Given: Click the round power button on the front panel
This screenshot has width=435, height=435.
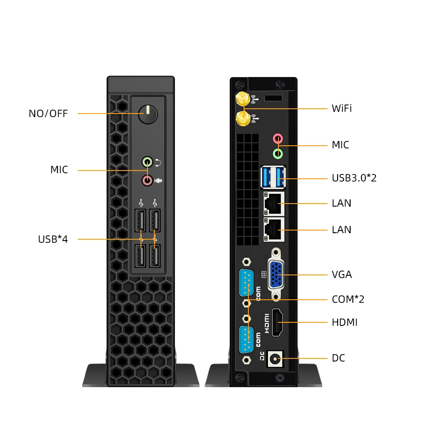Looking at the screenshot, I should point(148,114).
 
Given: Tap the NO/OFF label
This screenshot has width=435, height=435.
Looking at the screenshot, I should point(48,114).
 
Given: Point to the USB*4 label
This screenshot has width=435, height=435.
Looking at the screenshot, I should point(53,239).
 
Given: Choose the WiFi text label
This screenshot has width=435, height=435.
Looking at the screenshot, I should point(341,108).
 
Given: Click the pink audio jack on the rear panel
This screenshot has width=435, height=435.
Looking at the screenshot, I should point(278,139).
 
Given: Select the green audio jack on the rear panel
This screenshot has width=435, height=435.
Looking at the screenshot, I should point(278,154).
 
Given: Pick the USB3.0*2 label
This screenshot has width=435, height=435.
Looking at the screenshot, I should point(354,178).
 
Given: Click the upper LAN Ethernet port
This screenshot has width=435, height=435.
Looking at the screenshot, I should point(274,203).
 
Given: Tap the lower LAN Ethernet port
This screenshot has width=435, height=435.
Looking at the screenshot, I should point(274,229).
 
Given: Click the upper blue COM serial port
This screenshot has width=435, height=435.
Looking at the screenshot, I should point(246,283).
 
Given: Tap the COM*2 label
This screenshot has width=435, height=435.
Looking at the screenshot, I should point(348,299).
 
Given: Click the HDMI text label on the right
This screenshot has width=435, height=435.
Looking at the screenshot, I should point(345,322).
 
